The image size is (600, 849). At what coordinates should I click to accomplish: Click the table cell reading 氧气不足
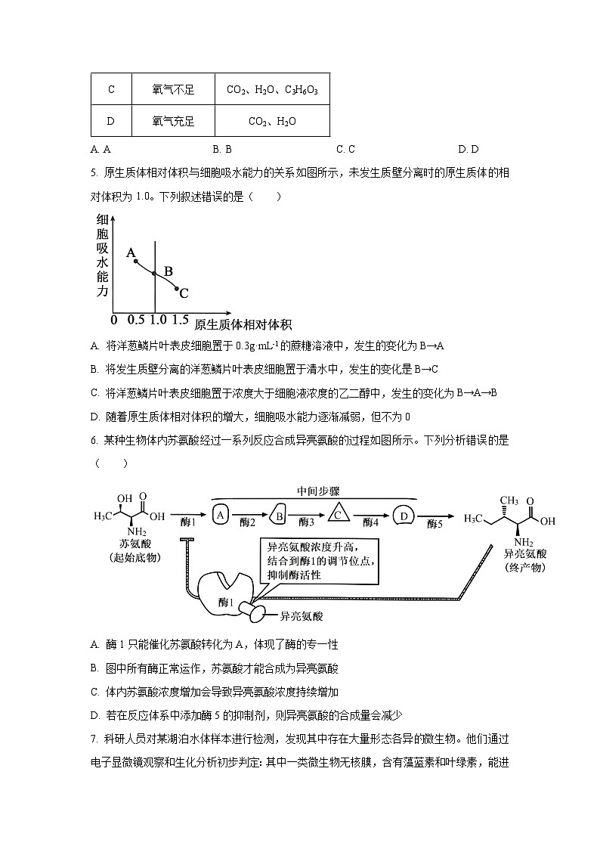(x=173, y=90)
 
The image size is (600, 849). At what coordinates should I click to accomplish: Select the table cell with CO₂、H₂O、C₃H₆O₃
(x=272, y=90)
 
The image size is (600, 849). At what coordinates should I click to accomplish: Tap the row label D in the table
(x=111, y=121)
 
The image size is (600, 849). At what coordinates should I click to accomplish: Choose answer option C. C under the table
(x=345, y=150)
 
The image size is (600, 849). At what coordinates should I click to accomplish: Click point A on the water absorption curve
(x=136, y=261)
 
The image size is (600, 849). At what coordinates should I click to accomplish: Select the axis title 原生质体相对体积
(x=243, y=325)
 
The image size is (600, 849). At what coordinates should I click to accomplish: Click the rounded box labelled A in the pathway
(x=221, y=515)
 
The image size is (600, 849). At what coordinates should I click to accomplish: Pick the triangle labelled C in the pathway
(x=339, y=514)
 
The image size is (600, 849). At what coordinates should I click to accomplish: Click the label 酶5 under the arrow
(x=436, y=523)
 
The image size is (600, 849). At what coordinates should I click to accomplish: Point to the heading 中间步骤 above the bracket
(x=318, y=491)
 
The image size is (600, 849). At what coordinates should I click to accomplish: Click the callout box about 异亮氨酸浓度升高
(x=320, y=560)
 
